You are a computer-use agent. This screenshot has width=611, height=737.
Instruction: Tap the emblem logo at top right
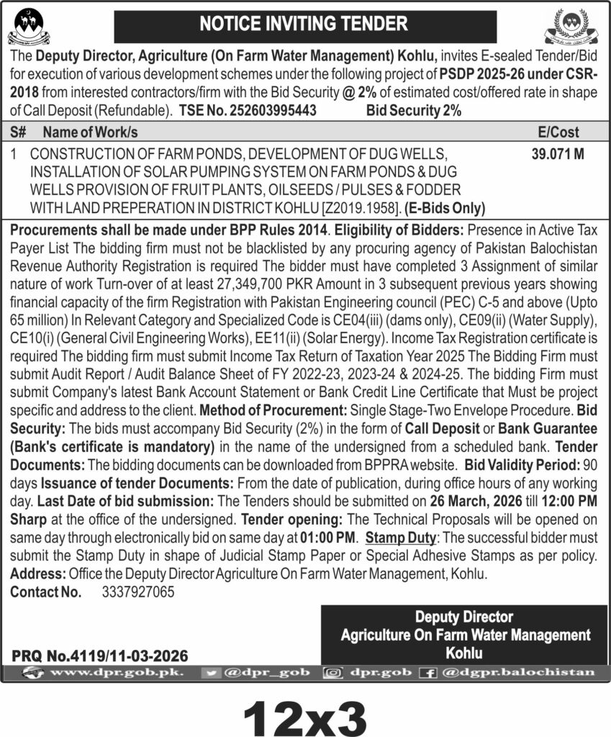tap(576, 26)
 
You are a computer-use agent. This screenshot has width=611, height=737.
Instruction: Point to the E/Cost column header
tap(558, 132)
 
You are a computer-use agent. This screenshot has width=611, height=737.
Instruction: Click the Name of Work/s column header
tap(90, 132)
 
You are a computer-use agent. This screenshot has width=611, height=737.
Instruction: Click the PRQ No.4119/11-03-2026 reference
tap(100, 656)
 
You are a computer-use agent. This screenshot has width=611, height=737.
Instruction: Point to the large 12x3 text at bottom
tap(305, 713)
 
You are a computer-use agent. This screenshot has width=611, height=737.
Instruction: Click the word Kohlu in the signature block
tap(464, 654)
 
